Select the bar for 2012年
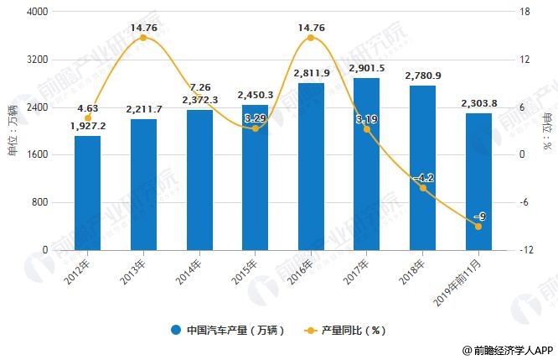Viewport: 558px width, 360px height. [87, 193]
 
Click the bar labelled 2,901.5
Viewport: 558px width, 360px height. [366, 164]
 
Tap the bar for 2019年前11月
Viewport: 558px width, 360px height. [478, 181]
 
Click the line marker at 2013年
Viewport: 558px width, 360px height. [143, 38]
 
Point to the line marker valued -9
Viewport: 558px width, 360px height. [478, 227]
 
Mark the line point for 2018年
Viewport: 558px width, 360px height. [422, 188]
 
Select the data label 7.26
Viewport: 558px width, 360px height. [199, 88]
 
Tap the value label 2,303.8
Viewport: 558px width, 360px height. [478, 103]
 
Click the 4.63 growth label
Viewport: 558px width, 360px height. [88, 107]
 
